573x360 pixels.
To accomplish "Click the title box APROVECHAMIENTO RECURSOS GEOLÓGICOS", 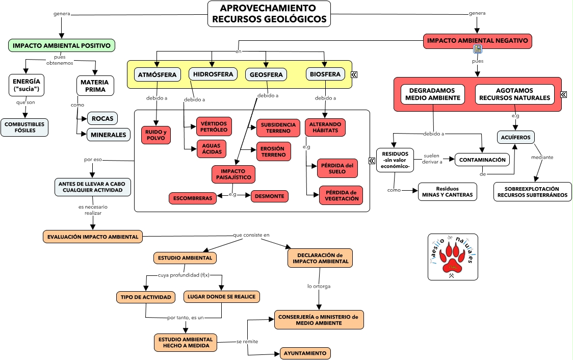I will pos(269,14).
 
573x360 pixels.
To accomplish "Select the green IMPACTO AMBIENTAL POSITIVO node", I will pos(62,45).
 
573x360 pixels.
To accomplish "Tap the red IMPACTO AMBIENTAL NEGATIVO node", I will pos(477,41).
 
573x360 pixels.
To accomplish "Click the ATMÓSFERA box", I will pos(158,74).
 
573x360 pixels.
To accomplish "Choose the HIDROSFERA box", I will pos(213,74).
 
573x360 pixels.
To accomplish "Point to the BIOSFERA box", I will pos(325,74).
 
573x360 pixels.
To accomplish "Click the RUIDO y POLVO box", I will pos(156,135).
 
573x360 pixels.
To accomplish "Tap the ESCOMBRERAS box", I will pos(192,198).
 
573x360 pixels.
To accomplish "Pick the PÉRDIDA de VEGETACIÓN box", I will pos(342,195).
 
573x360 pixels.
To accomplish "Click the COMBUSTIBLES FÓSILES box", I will pos(24,127).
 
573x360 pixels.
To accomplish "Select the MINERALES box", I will pos(109,135).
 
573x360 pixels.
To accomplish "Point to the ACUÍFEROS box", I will pos(516,137).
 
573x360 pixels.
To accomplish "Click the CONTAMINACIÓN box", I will pos(482,160).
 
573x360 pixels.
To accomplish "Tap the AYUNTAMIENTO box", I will pos(305,353).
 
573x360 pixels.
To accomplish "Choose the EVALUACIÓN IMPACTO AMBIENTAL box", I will pos(93,237).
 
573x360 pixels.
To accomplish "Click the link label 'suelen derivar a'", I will pos(431,159).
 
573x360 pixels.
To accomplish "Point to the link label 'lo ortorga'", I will pos(319,286).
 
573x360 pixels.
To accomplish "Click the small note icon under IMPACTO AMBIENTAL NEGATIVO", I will pos(478,49).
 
